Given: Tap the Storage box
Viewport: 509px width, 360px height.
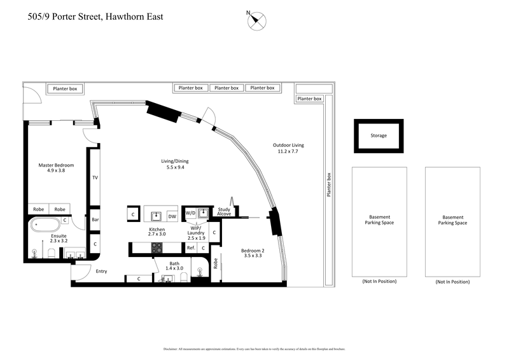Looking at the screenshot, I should pyautogui.click(x=379, y=135).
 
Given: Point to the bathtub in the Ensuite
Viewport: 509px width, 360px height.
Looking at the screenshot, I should pyautogui.click(x=45, y=225).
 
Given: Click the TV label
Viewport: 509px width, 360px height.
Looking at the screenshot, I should pyautogui.click(x=95, y=177).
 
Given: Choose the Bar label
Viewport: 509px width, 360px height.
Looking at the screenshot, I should pyautogui.click(x=95, y=219).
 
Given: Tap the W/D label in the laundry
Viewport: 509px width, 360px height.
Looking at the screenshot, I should pyautogui.click(x=190, y=213).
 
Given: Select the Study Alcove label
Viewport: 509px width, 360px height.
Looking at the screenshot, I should pyautogui.click(x=224, y=212).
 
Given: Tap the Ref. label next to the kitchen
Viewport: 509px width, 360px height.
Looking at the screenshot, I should pyautogui.click(x=190, y=247).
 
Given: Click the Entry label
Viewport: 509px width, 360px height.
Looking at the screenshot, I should pyautogui.click(x=101, y=271).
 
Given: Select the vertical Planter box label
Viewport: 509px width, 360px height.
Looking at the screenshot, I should pyautogui.click(x=328, y=185).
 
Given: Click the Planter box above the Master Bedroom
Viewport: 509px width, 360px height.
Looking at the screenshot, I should pyautogui.click(x=64, y=89).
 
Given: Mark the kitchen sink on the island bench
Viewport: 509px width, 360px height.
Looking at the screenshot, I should pyautogui.click(x=156, y=215).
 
